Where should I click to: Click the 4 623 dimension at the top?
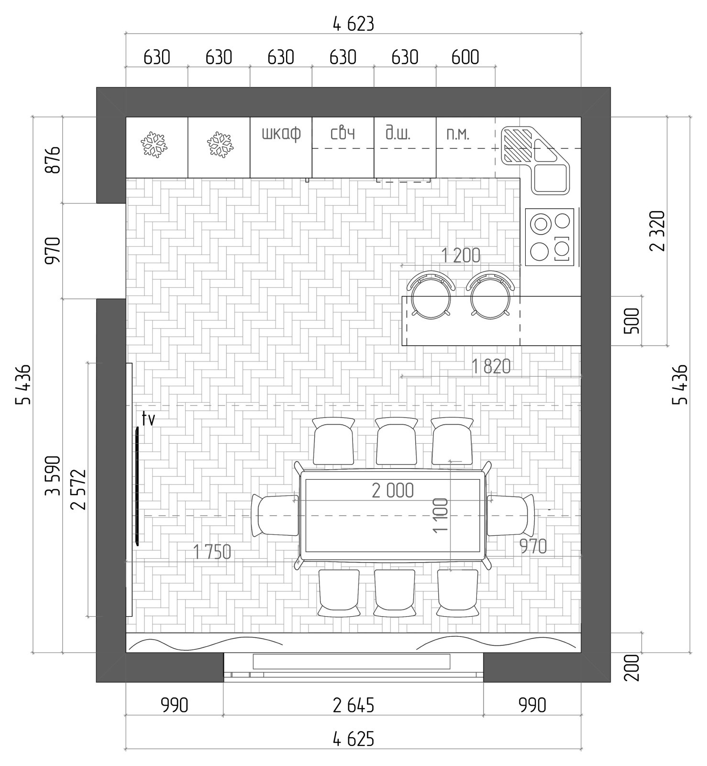point(353,23)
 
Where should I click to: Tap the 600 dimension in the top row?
point(465,57)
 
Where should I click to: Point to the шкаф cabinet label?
point(281,133)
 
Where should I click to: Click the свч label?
point(343,133)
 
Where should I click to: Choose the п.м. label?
point(458,134)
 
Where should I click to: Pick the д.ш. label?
point(398,132)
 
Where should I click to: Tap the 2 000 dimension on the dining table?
point(393,490)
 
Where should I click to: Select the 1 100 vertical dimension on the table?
point(440,515)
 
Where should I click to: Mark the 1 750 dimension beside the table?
point(212,552)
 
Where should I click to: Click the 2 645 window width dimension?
point(353,705)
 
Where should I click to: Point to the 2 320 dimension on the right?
point(657,231)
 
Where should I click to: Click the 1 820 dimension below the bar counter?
point(491,367)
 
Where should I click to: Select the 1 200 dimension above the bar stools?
point(461,255)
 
